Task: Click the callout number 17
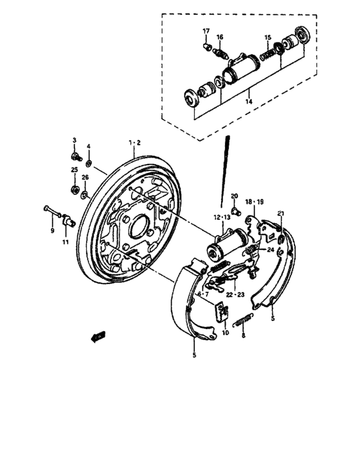pos(206,32)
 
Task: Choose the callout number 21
pos(280,213)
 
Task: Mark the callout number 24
pos(271,250)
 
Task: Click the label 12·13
pos(222,217)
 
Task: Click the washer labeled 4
pos(89,160)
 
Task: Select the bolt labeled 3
pos(76,155)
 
